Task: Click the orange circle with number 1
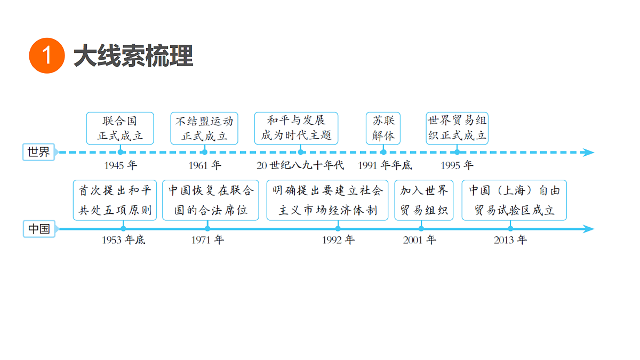coord(47,55)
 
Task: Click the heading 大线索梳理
coord(133,55)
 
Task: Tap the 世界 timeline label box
coord(38,152)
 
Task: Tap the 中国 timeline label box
coord(39,229)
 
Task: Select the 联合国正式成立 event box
coord(120,129)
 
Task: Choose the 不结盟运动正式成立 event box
coord(204,129)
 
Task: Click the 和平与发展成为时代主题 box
coord(297,129)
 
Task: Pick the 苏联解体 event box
coord(383,129)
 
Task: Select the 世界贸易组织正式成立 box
coord(457,129)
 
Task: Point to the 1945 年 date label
coord(121,165)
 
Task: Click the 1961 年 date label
coord(205,165)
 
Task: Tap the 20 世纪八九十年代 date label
coord(300,165)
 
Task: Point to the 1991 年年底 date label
coord(385,165)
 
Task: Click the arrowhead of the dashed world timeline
coord(588,153)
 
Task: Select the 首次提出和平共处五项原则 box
coord(115,200)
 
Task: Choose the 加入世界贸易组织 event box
coord(424,200)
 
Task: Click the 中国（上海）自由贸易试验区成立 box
coord(514,200)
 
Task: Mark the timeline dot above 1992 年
coord(338,229)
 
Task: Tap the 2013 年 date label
coord(510,239)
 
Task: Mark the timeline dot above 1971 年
coord(207,229)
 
